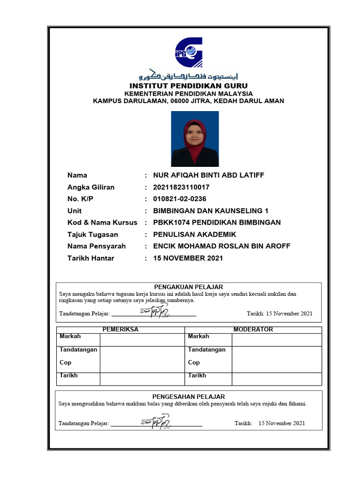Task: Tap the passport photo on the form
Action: point(195,139)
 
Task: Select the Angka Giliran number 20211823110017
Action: point(181,187)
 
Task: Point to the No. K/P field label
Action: point(81,199)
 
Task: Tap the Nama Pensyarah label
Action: point(97,246)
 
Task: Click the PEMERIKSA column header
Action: point(120,330)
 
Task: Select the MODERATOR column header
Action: point(253,330)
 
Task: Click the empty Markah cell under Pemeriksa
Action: point(141,339)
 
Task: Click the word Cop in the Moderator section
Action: point(194,362)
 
